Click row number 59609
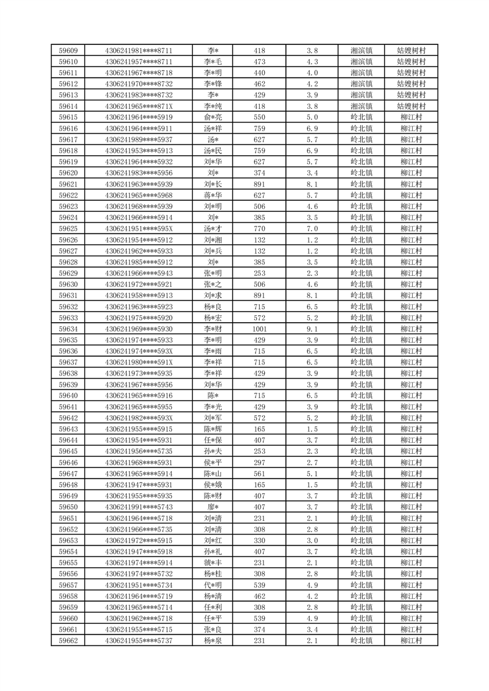(68, 51)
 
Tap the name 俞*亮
(213, 117)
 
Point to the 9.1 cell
(312, 329)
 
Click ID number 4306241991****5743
(139, 507)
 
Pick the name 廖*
(213, 507)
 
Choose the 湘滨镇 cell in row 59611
(361, 73)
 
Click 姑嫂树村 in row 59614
(411, 106)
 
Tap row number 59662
(68, 640)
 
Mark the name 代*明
(213, 585)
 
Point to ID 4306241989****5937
(139, 139)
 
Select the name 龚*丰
(213, 562)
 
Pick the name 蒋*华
(213, 195)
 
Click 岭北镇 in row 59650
(361, 507)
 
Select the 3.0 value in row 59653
(312, 540)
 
